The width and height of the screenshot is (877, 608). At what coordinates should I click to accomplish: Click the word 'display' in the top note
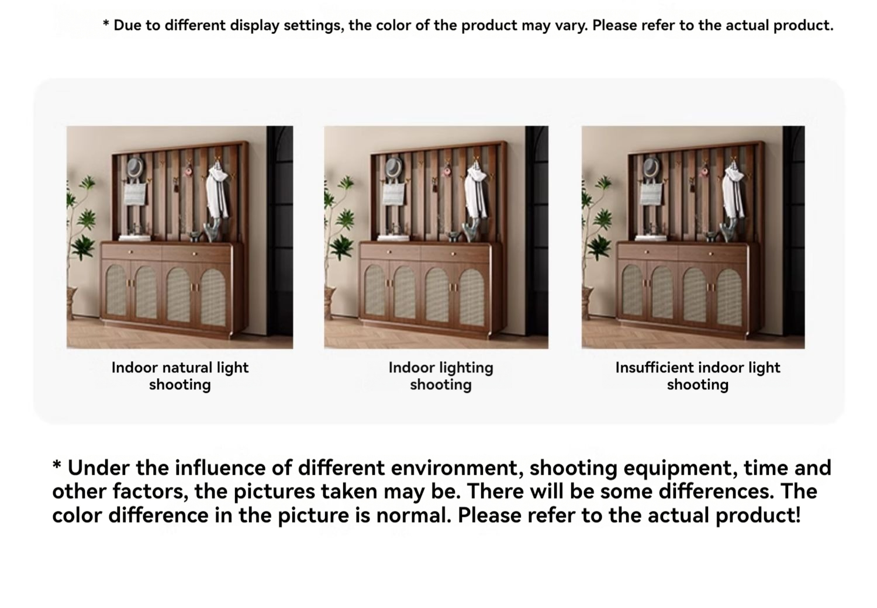click(x=255, y=26)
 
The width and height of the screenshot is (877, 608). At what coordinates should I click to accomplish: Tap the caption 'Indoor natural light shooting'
click(x=179, y=376)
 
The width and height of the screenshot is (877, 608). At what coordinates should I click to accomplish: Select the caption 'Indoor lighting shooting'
click(x=441, y=376)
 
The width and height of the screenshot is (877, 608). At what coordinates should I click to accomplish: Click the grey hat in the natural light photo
click(x=136, y=167)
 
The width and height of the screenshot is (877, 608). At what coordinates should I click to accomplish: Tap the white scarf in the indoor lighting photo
click(x=475, y=192)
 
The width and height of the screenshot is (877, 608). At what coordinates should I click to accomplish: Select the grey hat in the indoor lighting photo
click(x=393, y=168)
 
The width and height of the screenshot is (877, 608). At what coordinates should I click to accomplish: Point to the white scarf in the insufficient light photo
click(x=733, y=192)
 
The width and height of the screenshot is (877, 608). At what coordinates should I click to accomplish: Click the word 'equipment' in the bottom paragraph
click(x=678, y=469)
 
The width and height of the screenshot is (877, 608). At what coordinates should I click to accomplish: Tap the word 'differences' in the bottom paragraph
click(x=716, y=491)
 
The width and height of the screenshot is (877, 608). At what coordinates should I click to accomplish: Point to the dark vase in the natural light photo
click(x=213, y=232)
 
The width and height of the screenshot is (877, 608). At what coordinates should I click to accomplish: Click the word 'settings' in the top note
click(x=314, y=26)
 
